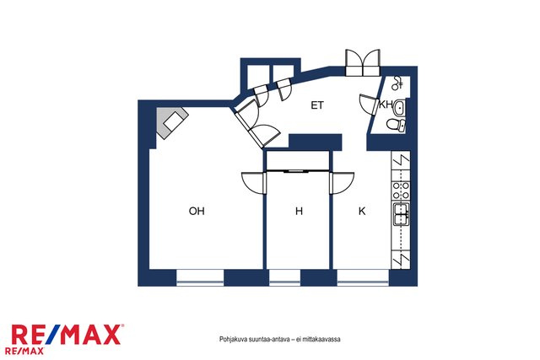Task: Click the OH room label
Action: (x=197, y=211)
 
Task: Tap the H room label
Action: (x=299, y=211)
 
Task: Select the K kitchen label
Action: (x=362, y=211)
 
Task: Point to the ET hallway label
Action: (x=317, y=105)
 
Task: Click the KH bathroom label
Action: (x=386, y=105)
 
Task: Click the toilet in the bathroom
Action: (x=396, y=125)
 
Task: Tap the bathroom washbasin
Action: (x=399, y=108)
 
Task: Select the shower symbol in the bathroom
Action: (x=398, y=83)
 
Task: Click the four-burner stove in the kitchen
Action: (x=402, y=191)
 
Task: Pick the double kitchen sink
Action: (x=401, y=214)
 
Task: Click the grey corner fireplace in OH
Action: (x=172, y=122)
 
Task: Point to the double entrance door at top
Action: (x=363, y=62)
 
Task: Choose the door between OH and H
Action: (x=253, y=183)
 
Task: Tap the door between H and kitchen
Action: (x=342, y=183)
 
